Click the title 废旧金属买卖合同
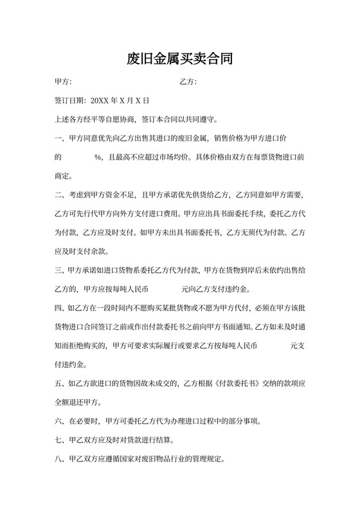click(179, 60)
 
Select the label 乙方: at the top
click(188, 82)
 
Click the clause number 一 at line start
click(58, 138)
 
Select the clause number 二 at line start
click(58, 195)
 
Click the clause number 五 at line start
click(58, 383)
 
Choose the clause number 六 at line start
click(58, 422)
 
